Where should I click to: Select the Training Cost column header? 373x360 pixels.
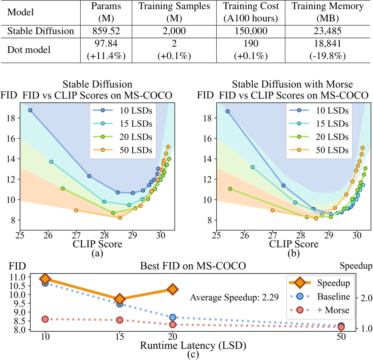(x=250, y=13)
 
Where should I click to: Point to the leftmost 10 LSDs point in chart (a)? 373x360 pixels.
(x=30, y=110)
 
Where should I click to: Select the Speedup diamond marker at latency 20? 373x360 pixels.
(x=173, y=289)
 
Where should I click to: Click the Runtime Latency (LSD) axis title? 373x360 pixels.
(x=193, y=345)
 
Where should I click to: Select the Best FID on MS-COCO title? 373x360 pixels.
(x=193, y=267)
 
